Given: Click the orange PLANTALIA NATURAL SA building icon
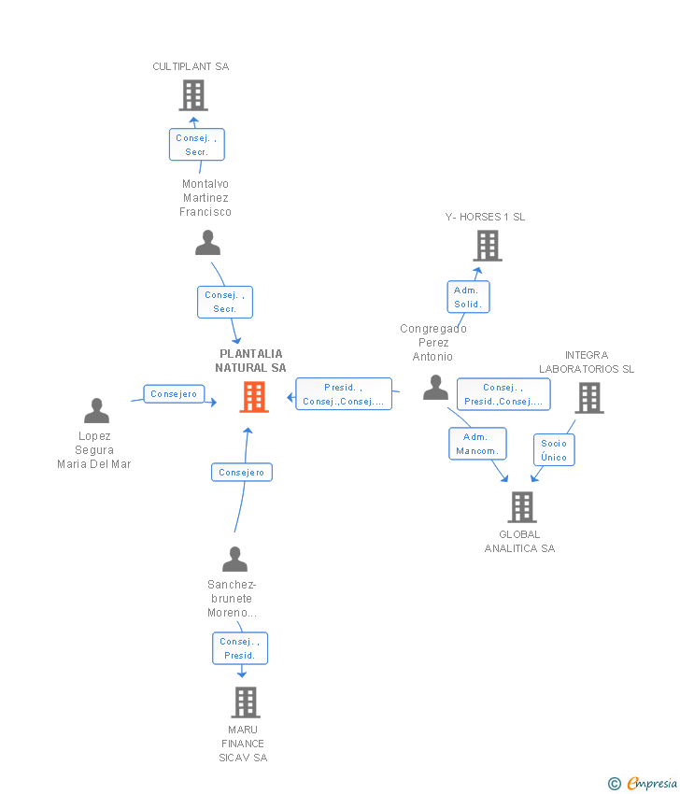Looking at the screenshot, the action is pos(254,397).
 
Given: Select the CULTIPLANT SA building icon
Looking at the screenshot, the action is pos(193,95).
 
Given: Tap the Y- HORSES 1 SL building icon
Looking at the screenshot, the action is pos(488,246).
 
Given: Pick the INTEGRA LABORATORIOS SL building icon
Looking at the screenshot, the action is pos(589,398).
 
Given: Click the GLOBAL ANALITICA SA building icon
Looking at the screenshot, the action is pos(522,507).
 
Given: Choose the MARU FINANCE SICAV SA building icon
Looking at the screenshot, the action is pos(246,702).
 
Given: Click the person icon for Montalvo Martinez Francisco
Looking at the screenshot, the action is pos(207,243).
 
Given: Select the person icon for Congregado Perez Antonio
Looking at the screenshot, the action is pos(435,388).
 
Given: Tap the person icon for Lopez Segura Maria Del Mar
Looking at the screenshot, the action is pos(97,411).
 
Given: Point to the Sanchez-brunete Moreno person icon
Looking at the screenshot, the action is pos(235,559).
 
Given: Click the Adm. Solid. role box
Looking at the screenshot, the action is pos(468,297).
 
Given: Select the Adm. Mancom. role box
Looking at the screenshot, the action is pos(477,444).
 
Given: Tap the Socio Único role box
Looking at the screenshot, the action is pos(554,449).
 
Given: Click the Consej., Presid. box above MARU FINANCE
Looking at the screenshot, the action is pos(240,648).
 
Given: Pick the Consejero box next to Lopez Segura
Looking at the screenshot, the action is pos(174,394).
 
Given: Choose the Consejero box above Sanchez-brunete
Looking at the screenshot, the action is pos(242,473).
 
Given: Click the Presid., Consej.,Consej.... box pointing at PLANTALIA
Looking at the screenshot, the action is pos(344,394).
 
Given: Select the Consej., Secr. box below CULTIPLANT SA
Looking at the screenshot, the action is pos(197,145).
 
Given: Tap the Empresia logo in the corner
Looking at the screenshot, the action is pos(642,783).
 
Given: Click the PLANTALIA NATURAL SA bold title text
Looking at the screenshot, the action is pos(250,361).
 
